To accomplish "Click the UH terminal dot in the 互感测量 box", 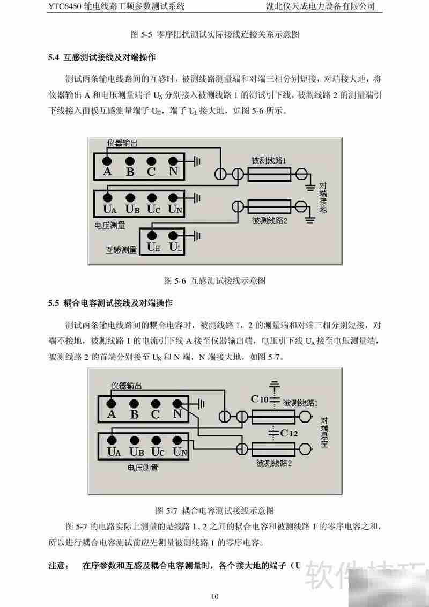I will [x=152, y=234].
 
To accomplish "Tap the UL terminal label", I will [x=175, y=247].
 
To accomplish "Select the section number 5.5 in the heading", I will [x=53, y=303].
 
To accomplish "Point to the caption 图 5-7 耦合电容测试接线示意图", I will [x=214, y=509].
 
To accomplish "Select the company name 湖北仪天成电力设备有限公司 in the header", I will [x=320, y=6].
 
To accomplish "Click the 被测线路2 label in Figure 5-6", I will [x=270, y=220].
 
